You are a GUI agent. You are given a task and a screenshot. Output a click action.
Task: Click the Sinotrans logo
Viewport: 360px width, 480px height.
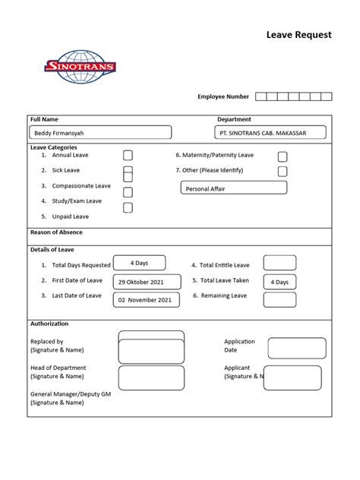point(81,67)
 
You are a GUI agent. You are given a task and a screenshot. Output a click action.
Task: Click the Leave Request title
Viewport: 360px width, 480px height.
point(298,35)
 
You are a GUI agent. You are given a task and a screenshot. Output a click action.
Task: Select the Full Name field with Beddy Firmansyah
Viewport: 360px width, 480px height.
point(100,132)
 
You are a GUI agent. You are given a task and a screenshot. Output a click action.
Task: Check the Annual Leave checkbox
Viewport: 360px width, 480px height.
point(128,155)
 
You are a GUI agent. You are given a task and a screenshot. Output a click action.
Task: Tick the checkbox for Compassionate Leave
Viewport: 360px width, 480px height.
point(128,192)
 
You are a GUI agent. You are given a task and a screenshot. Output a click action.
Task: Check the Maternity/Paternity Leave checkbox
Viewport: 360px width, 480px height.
point(283,156)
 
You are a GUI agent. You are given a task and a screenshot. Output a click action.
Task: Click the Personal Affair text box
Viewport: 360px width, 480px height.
point(234,188)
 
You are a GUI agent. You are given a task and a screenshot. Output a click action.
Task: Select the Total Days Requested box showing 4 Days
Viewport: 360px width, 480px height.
point(139,263)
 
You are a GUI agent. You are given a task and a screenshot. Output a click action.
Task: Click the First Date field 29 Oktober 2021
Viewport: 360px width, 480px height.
point(147,282)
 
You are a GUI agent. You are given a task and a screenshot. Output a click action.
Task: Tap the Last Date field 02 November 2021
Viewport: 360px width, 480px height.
point(147,300)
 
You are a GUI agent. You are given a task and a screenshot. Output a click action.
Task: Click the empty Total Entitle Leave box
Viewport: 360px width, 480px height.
point(279,263)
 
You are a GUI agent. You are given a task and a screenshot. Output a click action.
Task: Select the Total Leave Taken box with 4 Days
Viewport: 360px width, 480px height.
point(279,282)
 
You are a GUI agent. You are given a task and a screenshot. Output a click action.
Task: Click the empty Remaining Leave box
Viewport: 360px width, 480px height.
point(279,300)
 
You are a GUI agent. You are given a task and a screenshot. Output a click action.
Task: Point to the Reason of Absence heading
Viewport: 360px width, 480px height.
point(56,232)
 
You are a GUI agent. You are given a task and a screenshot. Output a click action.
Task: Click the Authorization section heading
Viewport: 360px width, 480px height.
point(49,324)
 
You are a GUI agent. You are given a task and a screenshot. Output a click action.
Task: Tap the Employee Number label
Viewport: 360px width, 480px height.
point(223,96)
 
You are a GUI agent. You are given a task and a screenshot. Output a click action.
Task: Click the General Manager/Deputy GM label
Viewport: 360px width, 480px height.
point(69,394)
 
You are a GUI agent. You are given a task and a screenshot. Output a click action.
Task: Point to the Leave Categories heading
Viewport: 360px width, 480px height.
point(53,147)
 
